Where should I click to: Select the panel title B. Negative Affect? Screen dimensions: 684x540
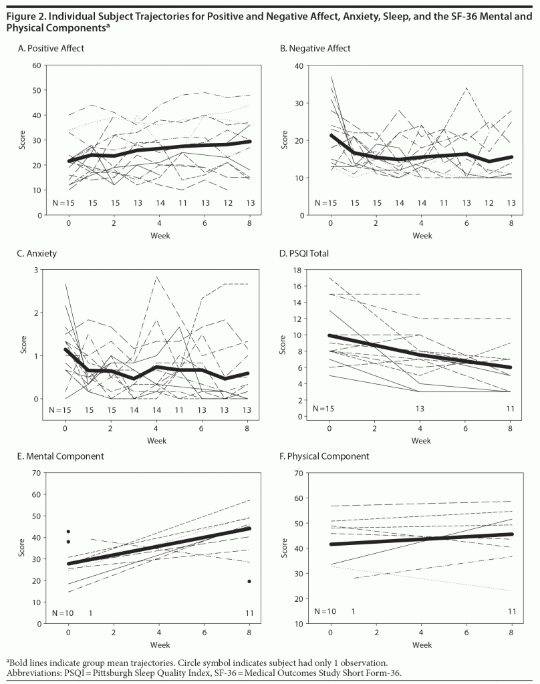pos(315,49)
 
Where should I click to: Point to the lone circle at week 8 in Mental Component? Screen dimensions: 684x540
pos(249,581)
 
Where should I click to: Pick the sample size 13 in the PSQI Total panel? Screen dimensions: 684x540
pos(421,408)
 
